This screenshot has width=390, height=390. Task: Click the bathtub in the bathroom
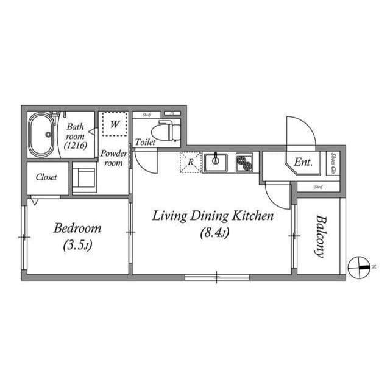(x=43, y=134)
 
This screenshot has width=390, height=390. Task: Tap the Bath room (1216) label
(x=76, y=136)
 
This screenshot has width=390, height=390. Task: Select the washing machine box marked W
(x=114, y=124)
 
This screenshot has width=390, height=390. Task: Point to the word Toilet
(x=145, y=142)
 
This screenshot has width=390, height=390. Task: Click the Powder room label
(x=113, y=158)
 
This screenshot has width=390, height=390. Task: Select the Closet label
(x=47, y=177)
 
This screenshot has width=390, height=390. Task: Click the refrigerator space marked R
(x=190, y=162)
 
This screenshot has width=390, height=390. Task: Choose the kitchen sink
(x=215, y=163)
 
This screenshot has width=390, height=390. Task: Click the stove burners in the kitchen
(x=245, y=163)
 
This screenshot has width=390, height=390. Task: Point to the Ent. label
(x=303, y=162)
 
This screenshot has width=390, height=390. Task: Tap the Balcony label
(x=319, y=236)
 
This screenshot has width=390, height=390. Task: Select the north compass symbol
(x=359, y=267)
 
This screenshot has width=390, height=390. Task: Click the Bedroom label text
(x=77, y=229)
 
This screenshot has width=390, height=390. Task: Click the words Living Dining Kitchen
(x=213, y=216)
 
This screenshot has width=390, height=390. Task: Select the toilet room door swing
(x=145, y=161)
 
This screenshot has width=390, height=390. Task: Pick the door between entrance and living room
(x=278, y=195)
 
